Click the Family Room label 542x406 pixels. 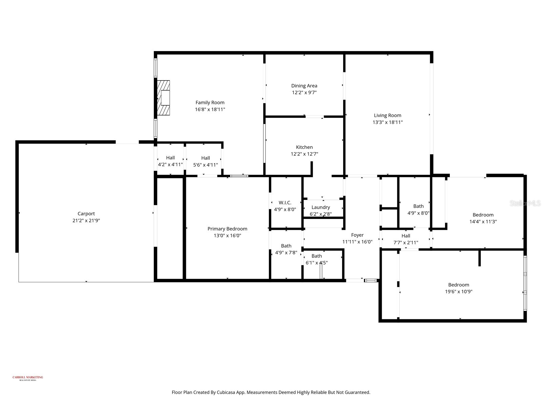pyautogui.click(x=210, y=103)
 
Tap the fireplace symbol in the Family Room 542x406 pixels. pyautogui.click(x=164, y=98)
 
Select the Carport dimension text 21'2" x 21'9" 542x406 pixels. pyautogui.click(x=86, y=221)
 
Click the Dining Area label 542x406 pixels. pyautogui.click(x=304, y=86)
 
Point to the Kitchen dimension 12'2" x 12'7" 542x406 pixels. pyautogui.click(x=304, y=154)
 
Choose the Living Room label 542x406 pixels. pyautogui.click(x=388, y=115)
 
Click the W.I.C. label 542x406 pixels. pyautogui.click(x=285, y=203)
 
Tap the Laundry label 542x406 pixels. pyautogui.click(x=320, y=207)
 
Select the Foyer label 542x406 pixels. pyautogui.click(x=357, y=235)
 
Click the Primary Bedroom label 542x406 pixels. pyautogui.click(x=227, y=229)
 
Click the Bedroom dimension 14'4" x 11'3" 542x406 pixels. pyautogui.click(x=483, y=222)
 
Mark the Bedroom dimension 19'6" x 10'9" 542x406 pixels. pyautogui.click(x=459, y=292)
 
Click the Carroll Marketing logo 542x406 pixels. pyautogui.click(x=28, y=378)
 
